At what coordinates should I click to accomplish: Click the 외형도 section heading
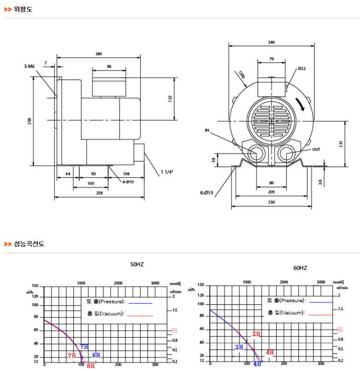(x=23, y=9)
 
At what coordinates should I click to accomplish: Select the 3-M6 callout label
(x=29, y=66)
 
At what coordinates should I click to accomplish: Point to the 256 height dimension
(x=29, y=121)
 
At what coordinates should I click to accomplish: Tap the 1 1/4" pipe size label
(x=167, y=172)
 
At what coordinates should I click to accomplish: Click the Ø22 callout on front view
(x=302, y=68)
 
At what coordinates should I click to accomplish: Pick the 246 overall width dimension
(x=271, y=42)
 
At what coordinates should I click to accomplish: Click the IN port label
(x=207, y=130)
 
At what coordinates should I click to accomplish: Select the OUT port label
(x=316, y=150)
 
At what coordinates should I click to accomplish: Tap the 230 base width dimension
(x=271, y=202)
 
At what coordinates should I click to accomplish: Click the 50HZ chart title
(x=137, y=264)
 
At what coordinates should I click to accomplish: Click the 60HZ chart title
(x=300, y=267)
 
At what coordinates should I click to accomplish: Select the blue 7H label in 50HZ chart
(x=85, y=346)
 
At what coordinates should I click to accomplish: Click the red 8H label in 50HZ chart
(x=91, y=366)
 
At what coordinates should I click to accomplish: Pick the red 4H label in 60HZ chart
(x=270, y=352)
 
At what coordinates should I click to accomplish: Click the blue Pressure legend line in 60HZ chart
(x=320, y=301)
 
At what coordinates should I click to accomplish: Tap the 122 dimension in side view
(x=170, y=98)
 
